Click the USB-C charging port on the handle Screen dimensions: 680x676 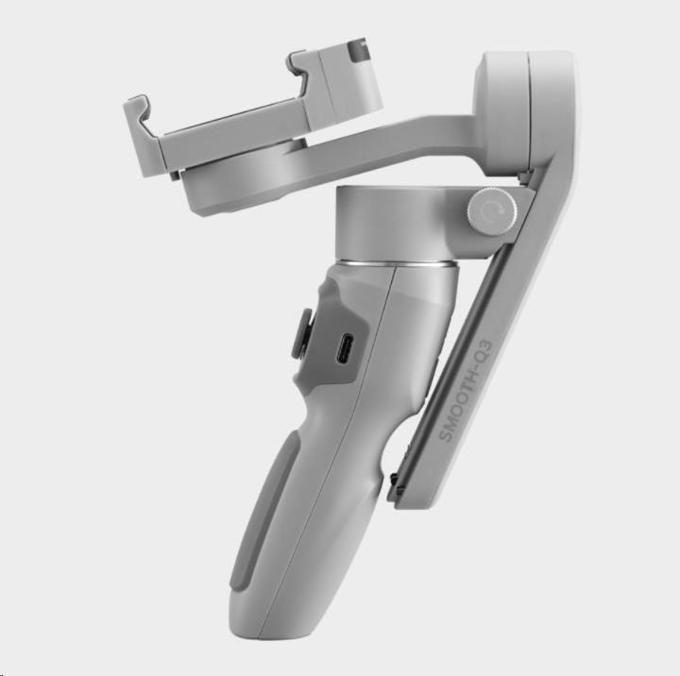[x=346, y=348]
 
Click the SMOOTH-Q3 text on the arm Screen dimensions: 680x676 [x=466, y=391]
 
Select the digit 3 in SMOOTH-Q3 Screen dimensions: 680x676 [x=487, y=346]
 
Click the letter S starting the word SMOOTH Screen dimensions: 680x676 [x=445, y=435]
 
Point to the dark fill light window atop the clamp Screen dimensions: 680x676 [x=357, y=51]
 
